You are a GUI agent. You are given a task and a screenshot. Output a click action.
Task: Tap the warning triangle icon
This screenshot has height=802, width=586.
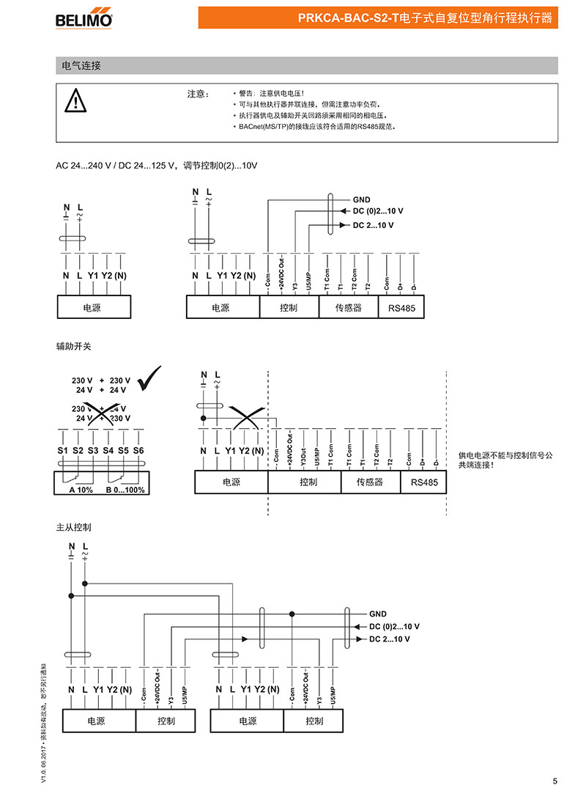click(75, 100)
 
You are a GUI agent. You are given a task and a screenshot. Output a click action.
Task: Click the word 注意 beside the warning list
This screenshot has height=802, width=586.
click(198, 94)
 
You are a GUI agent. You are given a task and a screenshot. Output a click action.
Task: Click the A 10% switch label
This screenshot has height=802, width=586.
click(81, 489)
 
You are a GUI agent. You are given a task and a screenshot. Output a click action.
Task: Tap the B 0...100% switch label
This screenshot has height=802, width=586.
click(126, 489)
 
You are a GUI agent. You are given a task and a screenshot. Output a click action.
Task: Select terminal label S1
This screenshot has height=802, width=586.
click(62, 450)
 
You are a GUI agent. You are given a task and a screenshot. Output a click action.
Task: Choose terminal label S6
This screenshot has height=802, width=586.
click(139, 450)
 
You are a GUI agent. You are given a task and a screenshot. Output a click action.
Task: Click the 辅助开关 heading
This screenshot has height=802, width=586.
click(73, 344)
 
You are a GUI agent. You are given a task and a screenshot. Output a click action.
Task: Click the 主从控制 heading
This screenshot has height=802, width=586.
click(73, 526)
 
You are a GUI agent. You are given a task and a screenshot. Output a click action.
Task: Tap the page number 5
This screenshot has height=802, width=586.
click(555, 781)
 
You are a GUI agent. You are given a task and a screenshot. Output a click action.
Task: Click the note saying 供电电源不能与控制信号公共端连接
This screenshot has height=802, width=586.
click(505, 460)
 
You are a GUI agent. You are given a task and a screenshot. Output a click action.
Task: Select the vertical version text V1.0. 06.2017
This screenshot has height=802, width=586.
click(45, 733)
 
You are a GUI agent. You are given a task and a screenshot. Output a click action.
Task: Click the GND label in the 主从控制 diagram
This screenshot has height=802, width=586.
click(378, 614)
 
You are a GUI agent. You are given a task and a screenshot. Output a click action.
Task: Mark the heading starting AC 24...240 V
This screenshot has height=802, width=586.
click(157, 166)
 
